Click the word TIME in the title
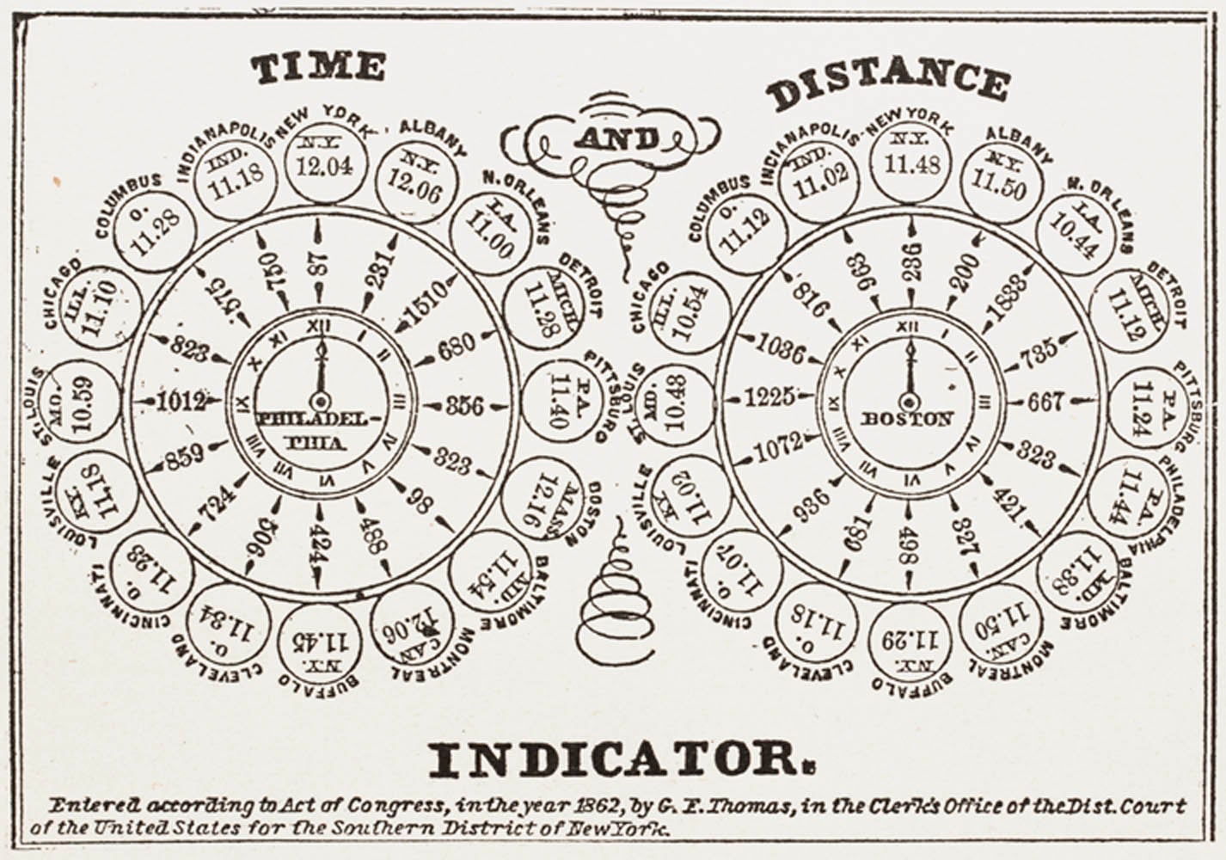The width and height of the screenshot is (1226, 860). click(318, 68)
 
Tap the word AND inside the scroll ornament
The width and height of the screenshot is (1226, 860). click(618, 138)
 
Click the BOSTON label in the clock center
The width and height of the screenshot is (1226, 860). click(907, 419)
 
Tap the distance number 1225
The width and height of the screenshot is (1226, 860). click(769, 396)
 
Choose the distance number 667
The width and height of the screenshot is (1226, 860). click(1046, 401)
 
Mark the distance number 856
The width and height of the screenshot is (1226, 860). click(464, 404)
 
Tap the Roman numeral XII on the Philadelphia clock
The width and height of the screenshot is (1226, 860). click(319, 326)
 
